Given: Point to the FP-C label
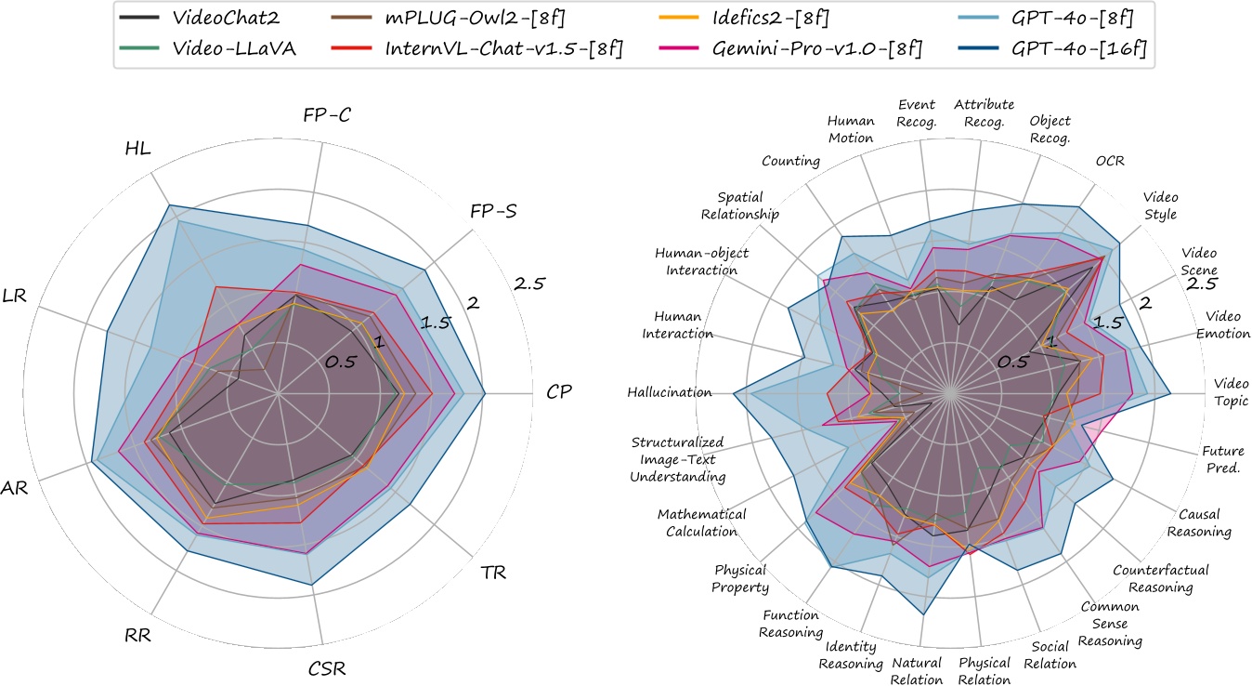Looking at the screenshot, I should tap(326, 116).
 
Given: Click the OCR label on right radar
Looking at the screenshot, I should tap(1109, 161).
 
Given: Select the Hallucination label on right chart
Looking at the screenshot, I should tap(669, 393).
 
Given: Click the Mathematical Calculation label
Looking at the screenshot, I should tap(698, 523).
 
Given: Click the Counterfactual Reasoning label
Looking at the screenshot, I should tap(1152, 578).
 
